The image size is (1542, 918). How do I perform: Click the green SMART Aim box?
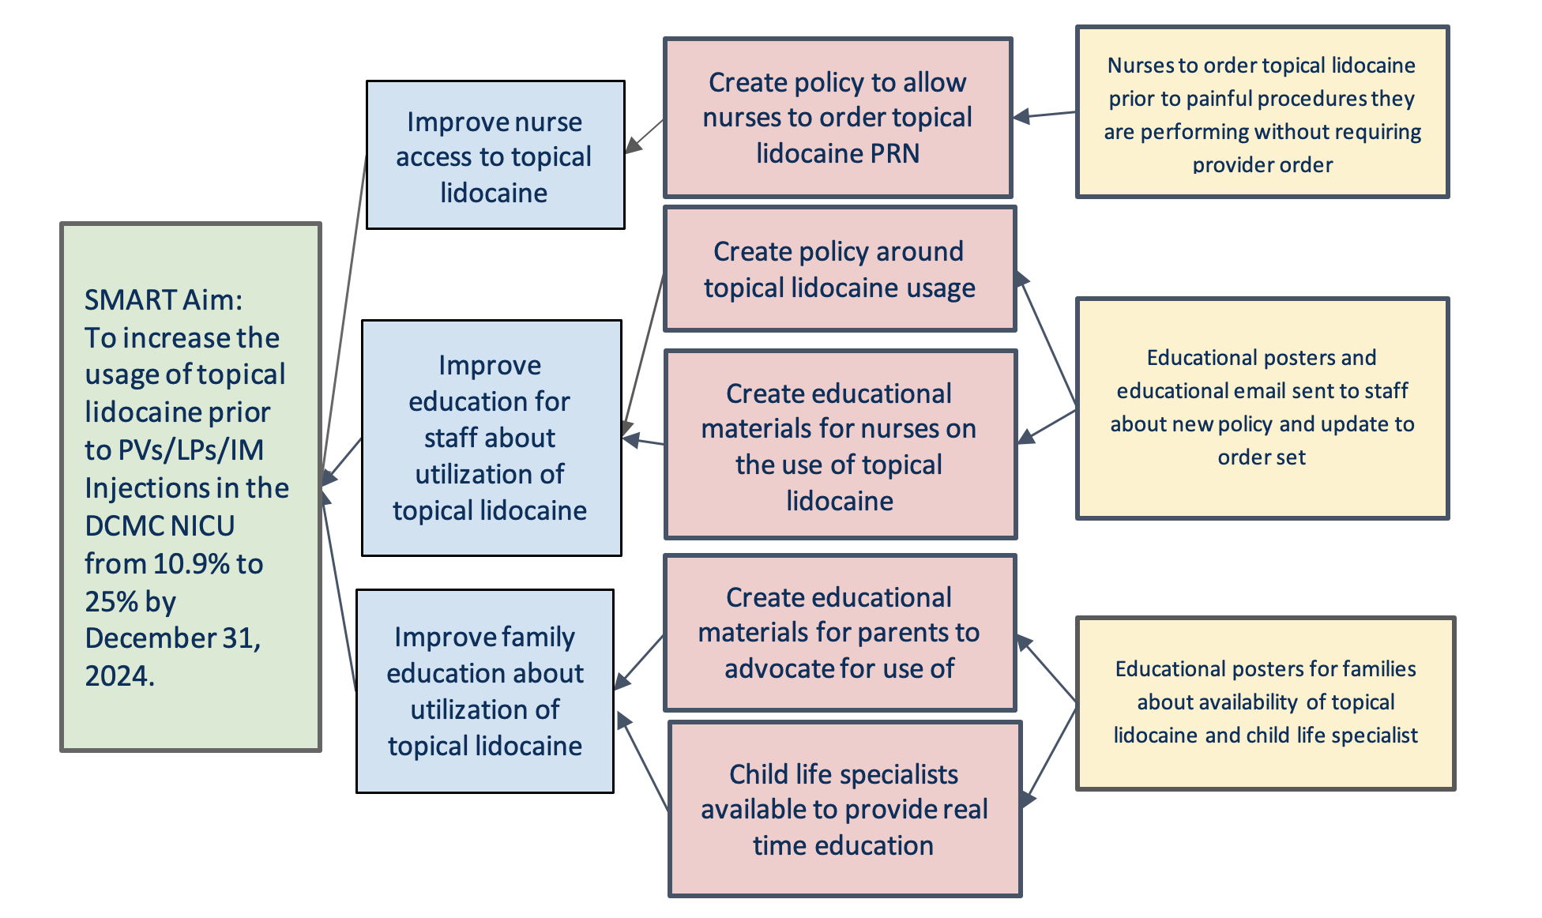pos(190,487)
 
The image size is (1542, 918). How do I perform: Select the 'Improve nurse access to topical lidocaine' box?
pos(495,155)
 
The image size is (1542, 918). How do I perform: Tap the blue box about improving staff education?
pos(491,438)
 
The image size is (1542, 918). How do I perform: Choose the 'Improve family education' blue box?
pos(485,691)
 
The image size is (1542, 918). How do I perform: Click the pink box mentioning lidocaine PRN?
pos(838,117)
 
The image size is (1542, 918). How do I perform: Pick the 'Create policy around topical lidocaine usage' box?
pos(840,269)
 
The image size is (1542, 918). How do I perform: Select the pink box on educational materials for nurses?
pos(841,445)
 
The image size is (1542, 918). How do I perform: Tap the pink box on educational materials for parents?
pos(840,632)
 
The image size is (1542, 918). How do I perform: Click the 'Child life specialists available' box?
pos(844,808)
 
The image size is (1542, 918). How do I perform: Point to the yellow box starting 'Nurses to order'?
pos(1262,112)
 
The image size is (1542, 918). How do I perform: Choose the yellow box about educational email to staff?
pos(1262,408)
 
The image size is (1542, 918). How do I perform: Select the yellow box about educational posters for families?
pos(1266,703)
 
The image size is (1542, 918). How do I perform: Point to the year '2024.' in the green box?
pos(119,676)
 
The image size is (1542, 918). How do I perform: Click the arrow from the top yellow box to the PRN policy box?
pos(1044,115)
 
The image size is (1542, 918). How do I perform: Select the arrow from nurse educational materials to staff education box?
pos(643,440)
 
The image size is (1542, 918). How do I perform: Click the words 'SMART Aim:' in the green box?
pos(164,300)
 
